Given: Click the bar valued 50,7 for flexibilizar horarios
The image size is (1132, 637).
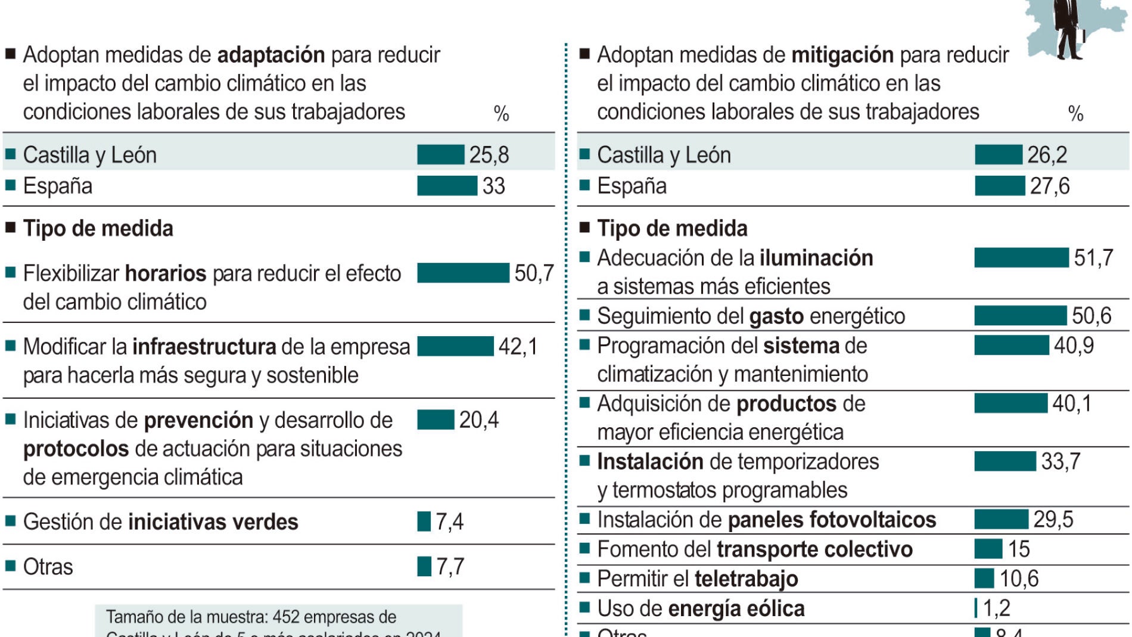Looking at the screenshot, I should click(463, 273).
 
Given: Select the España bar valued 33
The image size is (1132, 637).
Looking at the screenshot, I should click(447, 185).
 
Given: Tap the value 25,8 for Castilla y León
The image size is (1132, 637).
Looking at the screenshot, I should click(489, 155).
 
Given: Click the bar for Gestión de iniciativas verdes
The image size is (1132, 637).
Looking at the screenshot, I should click(424, 521).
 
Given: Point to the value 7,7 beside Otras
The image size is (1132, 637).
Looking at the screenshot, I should click(450, 567).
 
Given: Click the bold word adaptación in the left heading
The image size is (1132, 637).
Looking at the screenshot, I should click(271, 55).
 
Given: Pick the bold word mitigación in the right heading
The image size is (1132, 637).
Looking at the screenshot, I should click(842, 55).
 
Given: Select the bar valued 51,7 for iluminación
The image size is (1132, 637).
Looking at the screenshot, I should click(1021, 257).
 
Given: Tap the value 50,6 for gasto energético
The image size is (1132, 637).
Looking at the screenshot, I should click(1091, 316).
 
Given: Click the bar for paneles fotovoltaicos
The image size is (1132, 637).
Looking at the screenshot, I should click(1001, 519).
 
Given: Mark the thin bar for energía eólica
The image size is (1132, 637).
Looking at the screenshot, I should click(976, 608).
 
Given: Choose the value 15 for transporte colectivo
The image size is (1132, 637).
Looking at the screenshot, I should click(1019, 549).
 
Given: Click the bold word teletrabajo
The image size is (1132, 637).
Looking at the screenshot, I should click(746, 579).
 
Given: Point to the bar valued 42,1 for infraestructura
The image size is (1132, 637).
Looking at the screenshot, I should click(455, 346).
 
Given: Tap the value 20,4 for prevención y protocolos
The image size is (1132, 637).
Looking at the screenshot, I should click(478, 420).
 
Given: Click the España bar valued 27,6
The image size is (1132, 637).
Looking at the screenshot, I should click(999, 185).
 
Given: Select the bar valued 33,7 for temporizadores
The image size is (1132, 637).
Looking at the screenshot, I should click(1005, 461).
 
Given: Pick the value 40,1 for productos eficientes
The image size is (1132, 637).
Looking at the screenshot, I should click(1072, 403).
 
